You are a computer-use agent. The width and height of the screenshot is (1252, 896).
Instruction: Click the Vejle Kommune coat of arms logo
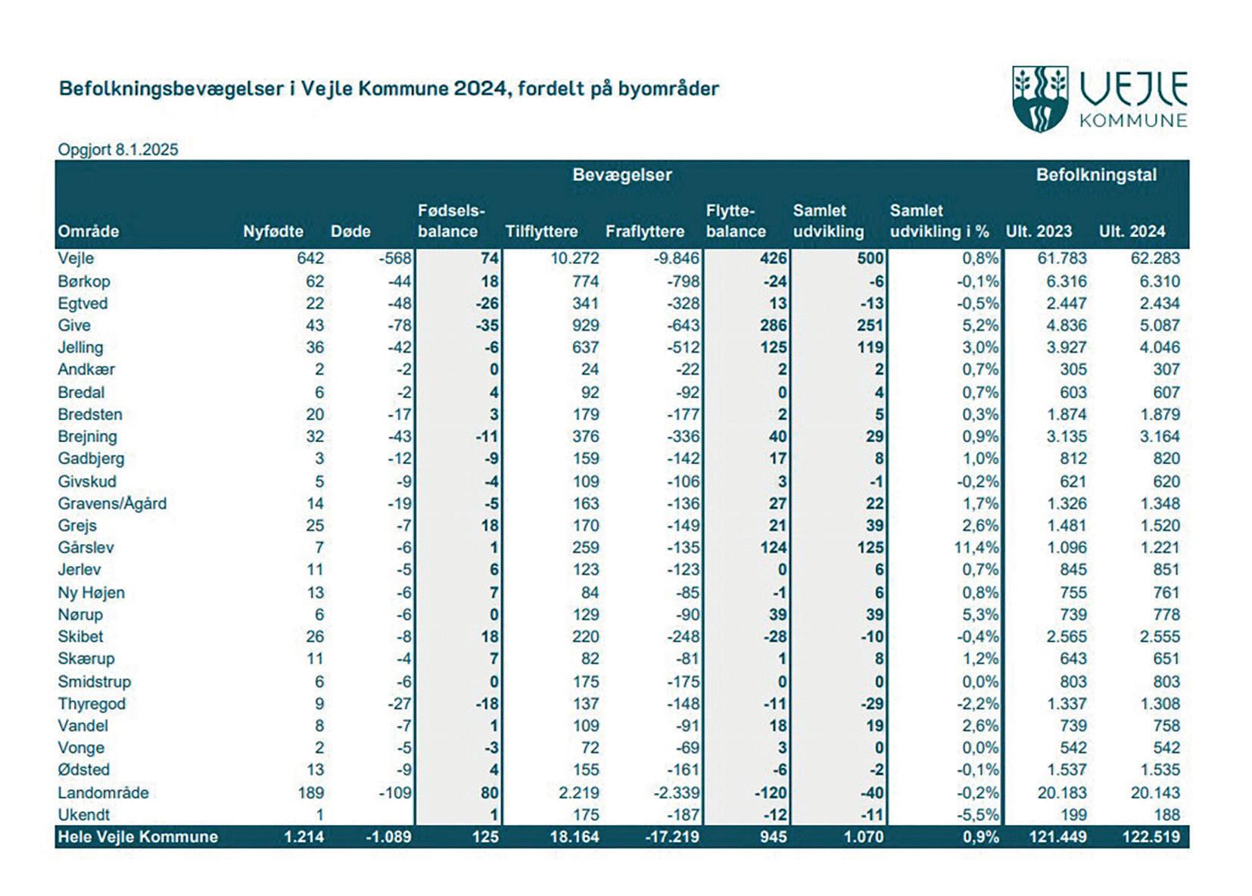click(x=1040, y=99)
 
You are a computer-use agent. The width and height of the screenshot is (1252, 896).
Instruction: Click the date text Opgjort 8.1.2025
click(x=118, y=150)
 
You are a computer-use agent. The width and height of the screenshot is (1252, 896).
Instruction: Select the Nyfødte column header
click(x=273, y=232)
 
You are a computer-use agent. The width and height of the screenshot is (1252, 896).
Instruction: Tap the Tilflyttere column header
click(x=541, y=232)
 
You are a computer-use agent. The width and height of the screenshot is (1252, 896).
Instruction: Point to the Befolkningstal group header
click(x=1096, y=176)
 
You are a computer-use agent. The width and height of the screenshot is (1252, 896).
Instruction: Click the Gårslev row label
click(x=86, y=547)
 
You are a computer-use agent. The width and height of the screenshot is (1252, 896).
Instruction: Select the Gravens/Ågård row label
click(x=112, y=503)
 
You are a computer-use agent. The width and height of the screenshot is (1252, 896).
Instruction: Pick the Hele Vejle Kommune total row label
click(x=138, y=837)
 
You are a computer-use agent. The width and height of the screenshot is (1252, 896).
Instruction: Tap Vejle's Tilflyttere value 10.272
click(x=575, y=258)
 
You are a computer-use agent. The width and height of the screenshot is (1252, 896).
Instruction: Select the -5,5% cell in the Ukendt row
click(x=977, y=815)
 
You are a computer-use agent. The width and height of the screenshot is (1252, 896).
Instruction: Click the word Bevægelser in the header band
click(x=621, y=176)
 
